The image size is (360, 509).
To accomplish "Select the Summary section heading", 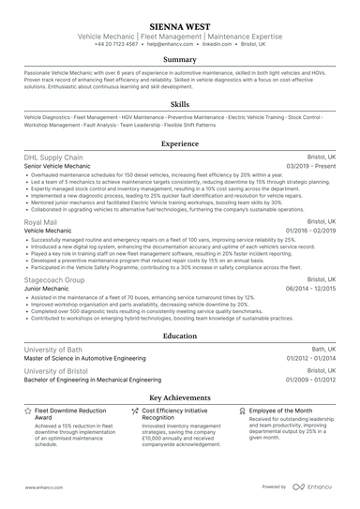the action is pyautogui.click(x=180, y=59).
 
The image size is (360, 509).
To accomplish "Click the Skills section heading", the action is pyautogui.click(x=180, y=105).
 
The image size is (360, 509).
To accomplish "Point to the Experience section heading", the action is pyautogui.click(x=180, y=143).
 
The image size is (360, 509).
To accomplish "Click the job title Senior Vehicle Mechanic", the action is pyautogui.click(x=57, y=166).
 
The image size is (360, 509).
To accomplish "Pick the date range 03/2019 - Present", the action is pyautogui.click(x=309, y=166).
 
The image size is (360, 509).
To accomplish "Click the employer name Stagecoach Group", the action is pyautogui.click(x=54, y=279).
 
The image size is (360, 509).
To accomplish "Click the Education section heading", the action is pyautogui.click(x=180, y=335).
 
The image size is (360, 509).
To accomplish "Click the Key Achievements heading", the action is pyautogui.click(x=180, y=397).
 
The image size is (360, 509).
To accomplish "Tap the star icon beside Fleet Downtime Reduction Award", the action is pyautogui.click(x=27, y=411).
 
